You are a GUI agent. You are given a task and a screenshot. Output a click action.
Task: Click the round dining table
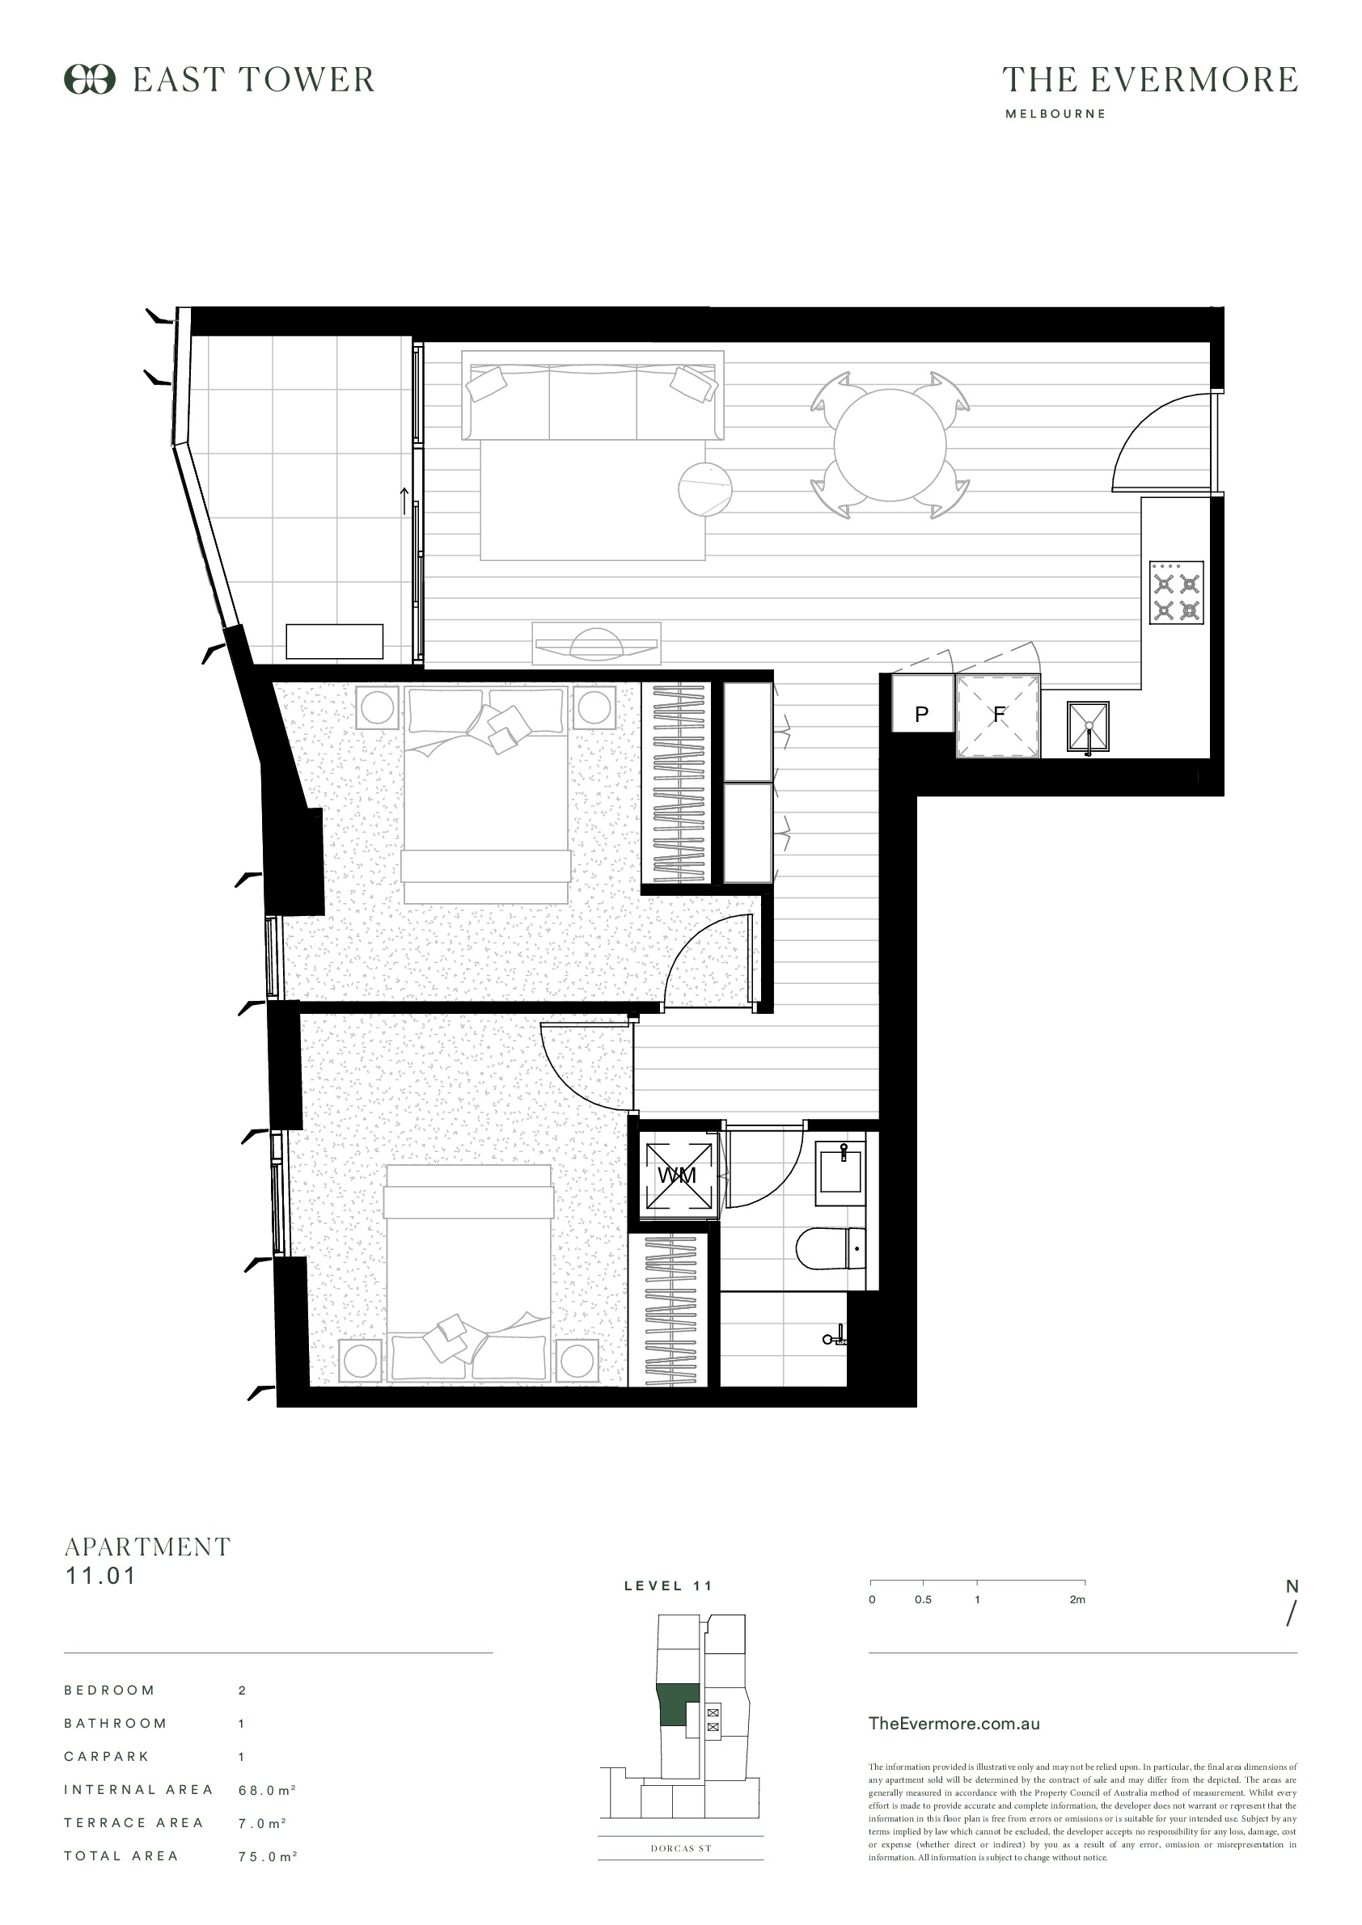[890, 445]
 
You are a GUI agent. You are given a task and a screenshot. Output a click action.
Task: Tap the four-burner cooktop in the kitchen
[1176, 593]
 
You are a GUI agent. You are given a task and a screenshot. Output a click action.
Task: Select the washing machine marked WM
[678, 1176]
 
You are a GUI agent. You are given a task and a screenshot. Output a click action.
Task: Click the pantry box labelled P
[922, 715]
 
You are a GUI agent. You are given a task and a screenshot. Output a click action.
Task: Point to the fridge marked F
[998, 716]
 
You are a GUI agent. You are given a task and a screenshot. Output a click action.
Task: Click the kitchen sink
[1088, 726]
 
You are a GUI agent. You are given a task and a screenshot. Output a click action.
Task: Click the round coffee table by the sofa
[704, 489]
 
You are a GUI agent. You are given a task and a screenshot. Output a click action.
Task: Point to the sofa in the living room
[592, 401]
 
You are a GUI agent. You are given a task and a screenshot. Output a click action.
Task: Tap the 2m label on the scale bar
[1077, 1600]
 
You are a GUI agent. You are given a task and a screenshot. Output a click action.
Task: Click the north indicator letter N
[1292, 1586]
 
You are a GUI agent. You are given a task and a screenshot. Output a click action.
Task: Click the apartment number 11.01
[100, 1576]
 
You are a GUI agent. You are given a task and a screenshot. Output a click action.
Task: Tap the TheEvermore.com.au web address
[954, 1724]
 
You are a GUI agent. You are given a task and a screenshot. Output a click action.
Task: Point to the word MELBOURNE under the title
[1055, 114]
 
